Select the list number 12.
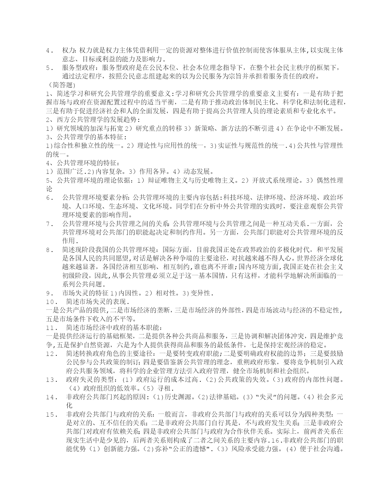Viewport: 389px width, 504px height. pyautogui.click(x=52, y=354)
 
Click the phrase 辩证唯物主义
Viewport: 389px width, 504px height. pyautogui.click(x=161, y=180)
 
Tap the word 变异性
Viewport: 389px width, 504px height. pyautogui.click(x=200, y=293)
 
